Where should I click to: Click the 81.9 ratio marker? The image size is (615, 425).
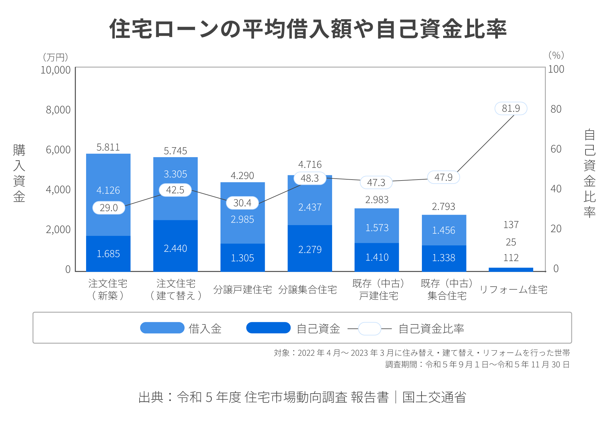(511, 109)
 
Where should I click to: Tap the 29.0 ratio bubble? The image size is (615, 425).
(109, 208)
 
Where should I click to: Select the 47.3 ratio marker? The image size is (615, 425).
(376, 183)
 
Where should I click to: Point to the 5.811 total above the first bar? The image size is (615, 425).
(108, 147)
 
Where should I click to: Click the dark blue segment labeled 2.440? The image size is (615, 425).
(175, 246)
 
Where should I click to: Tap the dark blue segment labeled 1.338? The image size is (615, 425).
(444, 258)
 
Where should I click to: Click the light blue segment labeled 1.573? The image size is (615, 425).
(377, 226)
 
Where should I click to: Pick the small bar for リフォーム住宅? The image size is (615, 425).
(511, 270)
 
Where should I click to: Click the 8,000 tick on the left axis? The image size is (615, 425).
(58, 110)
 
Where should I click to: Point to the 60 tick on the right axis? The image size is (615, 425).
(556, 149)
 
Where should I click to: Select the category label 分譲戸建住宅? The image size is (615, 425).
(242, 290)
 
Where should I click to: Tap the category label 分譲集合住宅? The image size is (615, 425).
(307, 290)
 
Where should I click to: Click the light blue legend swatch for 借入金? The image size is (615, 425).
(162, 328)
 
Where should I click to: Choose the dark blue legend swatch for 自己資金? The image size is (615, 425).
(268, 328)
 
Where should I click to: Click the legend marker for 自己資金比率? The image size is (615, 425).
(370, 329)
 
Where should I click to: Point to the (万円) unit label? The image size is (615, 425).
(56, 57)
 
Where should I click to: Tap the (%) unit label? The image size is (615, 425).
(556, 55)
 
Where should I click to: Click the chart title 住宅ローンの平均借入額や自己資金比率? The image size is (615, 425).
(307, 29)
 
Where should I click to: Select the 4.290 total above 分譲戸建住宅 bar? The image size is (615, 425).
(242, 176)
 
